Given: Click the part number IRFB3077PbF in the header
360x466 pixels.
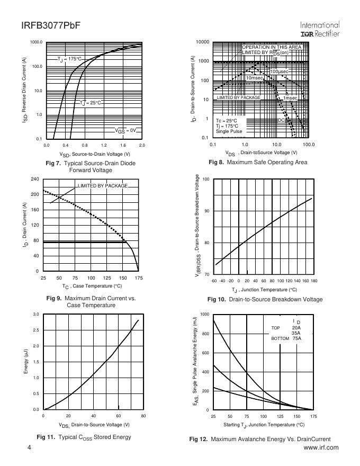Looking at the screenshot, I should coord(51,25).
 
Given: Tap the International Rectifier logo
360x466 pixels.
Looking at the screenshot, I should coord(320,29).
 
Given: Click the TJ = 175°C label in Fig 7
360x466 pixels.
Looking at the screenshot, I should coord(70,59).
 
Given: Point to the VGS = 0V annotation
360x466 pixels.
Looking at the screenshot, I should coord(126,130).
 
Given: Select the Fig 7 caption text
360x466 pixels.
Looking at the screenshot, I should coord(90,167).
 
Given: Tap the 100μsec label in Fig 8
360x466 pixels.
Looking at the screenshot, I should coord(280,71).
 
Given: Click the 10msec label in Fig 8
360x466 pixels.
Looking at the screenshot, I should coord(255,78).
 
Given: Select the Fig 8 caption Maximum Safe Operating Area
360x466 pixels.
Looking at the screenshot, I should coord(258,162).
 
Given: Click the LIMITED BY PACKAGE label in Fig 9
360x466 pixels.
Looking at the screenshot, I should coord(103,186).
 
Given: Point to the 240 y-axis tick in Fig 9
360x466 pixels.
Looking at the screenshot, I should coord(35,179).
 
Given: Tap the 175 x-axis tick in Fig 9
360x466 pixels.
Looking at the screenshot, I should coord(139,277).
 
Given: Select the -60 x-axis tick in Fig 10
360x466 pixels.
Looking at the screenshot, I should coord(214,281).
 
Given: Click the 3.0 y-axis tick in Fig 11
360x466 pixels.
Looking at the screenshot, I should coord(36,315).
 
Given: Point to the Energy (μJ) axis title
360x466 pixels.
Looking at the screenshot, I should coord(26,362).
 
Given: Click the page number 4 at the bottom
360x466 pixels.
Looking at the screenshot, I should coord(30,448).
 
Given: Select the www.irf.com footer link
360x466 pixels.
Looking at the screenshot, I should coord(321,448).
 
